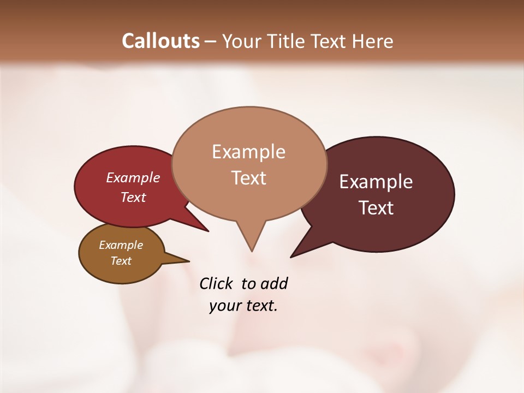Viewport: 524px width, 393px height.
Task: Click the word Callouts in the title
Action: pos(160,41)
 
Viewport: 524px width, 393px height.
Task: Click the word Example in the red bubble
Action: pos(133,177)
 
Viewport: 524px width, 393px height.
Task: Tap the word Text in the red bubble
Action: pos(133,197)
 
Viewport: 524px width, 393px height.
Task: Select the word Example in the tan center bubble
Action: pos(248,152)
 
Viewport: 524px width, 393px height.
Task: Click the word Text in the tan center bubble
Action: pos(248,177)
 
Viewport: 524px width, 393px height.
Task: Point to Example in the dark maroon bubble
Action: pos(376,181)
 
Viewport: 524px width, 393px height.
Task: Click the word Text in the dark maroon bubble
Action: pos(376,207)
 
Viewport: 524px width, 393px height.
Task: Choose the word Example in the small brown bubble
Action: pos(121,245)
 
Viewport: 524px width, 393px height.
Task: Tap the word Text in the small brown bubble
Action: pos(121,261)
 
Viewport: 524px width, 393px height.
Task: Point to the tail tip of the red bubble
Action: pos(208,231)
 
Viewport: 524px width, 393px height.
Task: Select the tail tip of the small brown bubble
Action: pos(189,261)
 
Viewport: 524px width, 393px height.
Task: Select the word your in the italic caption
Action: pos(224,306)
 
